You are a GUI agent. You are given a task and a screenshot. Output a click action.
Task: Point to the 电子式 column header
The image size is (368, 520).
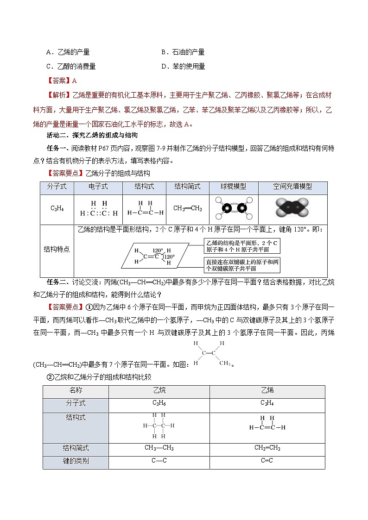[98, 187]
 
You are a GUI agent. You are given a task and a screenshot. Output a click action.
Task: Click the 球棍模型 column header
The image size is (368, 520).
[234, 187]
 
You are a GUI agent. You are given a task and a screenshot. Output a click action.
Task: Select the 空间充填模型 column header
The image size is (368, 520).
[292, 187]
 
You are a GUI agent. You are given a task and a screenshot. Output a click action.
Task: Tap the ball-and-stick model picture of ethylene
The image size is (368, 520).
[234, 209]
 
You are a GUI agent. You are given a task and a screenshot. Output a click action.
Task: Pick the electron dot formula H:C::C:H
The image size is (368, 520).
[98, 209]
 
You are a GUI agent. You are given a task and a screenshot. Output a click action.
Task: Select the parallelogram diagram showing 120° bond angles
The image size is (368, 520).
[155, 256]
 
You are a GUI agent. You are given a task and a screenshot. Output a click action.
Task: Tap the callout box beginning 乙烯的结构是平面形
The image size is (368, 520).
[242, 246]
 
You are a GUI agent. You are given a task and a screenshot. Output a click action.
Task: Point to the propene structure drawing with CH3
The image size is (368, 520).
[211, 353]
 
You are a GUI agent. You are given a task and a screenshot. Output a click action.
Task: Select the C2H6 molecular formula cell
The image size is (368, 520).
[159, 403]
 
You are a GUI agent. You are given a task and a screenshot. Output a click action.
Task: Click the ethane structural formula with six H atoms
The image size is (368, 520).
[159, 426]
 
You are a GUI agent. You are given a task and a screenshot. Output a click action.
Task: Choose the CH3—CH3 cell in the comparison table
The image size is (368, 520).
[159, 448]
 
